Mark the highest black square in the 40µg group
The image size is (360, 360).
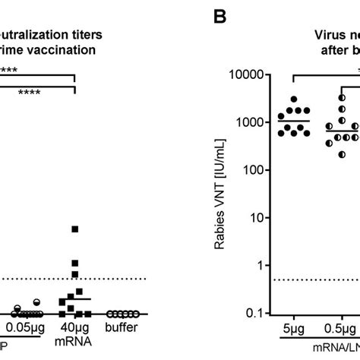(74, 229)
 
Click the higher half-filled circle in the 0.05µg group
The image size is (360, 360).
(35, 302)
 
